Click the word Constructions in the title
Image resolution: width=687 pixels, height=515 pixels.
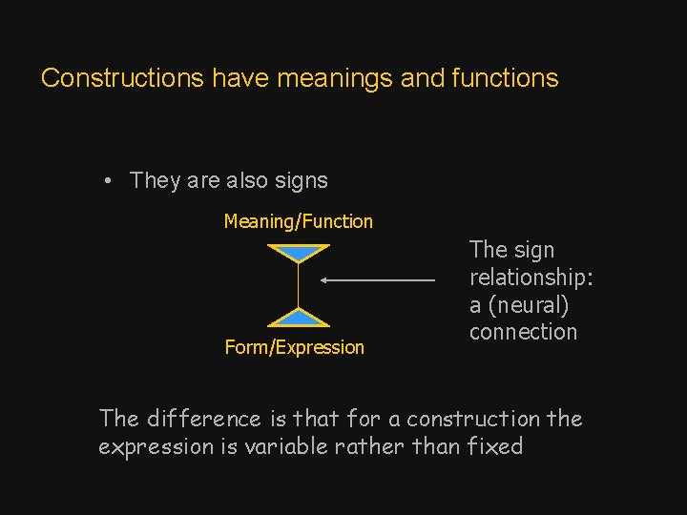122,78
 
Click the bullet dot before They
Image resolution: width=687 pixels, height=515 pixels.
111,180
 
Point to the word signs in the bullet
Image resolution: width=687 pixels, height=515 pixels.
300,180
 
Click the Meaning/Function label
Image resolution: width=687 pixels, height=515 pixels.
298,221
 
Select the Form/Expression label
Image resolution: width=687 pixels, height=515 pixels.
294,347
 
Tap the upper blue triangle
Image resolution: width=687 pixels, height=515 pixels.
299,253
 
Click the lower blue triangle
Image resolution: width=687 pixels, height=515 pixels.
299,319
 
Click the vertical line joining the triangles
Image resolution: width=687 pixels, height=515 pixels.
299,285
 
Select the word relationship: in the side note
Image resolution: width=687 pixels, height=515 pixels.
531,278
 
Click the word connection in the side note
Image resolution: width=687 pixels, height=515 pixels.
523,332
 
